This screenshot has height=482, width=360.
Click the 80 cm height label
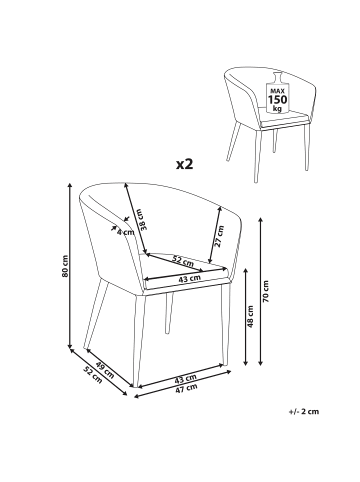click(65, 266)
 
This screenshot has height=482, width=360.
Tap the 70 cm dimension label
click(266, 291)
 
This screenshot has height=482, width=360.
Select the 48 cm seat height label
click(251, 317)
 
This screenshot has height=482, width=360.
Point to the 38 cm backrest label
click(142, 220)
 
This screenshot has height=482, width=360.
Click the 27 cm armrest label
click(220, 236)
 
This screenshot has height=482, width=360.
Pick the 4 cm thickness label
click(125, 232)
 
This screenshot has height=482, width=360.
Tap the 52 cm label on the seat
click(183, 259)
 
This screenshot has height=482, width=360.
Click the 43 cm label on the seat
click(190, 278)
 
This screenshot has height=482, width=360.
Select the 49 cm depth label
click(105, 370)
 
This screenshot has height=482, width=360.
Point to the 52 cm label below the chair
click(92, 375)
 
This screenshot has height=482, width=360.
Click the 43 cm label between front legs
click(186, 379)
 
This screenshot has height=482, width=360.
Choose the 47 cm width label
click(186, 388)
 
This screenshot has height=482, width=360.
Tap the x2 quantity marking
click(185, 164)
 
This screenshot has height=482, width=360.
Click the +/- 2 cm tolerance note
click(303, 411)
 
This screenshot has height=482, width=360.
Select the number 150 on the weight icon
click(278, 99)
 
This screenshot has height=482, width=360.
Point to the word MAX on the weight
click(277, 91)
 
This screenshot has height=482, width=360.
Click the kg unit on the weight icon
click(277, 108)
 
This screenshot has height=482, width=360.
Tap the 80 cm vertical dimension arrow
click(70, 265)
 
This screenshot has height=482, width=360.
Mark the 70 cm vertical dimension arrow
click(261, 291)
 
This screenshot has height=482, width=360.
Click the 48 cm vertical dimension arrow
click(246, 317)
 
